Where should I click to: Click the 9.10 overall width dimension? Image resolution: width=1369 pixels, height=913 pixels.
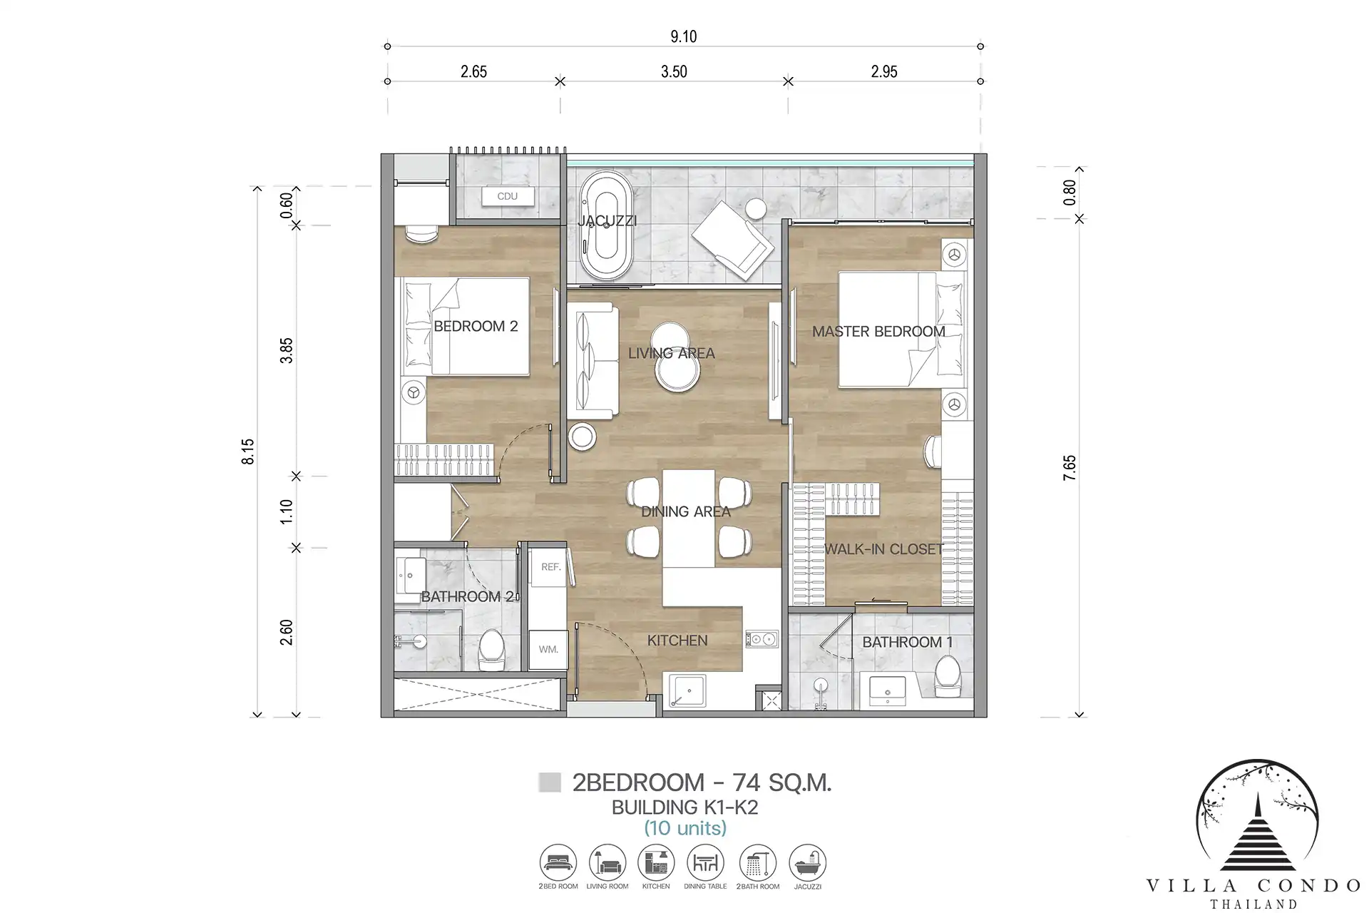pyautogui.click(x=683, y=36)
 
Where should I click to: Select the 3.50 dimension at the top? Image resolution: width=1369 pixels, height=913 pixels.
pyautogui.click(x=674, y=71)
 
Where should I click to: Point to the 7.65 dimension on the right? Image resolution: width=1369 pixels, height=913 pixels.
pyautogui.click(x=1069, y=468)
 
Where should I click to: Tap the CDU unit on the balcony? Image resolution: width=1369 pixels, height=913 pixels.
pyautogui.click(x=508, y=196)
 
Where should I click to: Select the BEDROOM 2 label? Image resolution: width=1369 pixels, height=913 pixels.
pyautogui.click(x=476, y=326)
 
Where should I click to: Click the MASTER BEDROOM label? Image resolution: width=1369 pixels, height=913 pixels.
pyautogui.click(x=878, y=332)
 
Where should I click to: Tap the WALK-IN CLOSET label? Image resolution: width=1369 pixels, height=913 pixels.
pyautogui.click(x=884, y=549)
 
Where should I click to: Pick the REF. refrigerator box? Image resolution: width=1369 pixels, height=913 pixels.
pyautogui.click(x=550, y=568)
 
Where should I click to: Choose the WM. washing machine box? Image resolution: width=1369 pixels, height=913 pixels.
pyautogui.click(x=548, y=649)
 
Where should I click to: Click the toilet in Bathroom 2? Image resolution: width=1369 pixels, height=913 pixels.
pyautogui.click(x=491, y=649)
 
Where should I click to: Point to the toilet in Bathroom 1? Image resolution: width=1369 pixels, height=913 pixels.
pyautogui.click(x=948, y=676)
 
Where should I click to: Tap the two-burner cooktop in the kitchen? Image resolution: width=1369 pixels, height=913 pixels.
pyautogui.click(x=762, y=639)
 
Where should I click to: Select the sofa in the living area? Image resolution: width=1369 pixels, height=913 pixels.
pyautogui.click(x=593, y=361)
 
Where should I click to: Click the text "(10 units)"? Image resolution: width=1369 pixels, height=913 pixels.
pyautogui.click(x=685, y=828)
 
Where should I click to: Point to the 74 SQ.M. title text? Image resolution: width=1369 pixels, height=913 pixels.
pyautogui.click(x=781, y=783)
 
